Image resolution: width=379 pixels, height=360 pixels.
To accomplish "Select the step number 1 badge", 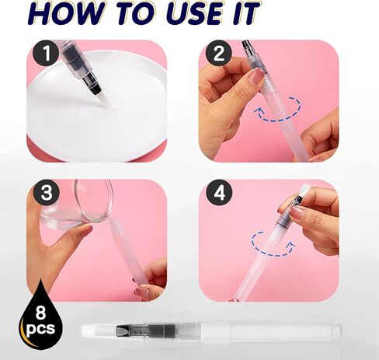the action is pyautogui.click(x=46, y=53).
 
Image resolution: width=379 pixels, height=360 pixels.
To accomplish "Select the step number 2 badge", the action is pyautogui.click(x=219, y=54).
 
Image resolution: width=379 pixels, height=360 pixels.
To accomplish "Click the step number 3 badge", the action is pyautogui.click(x=47, y=193).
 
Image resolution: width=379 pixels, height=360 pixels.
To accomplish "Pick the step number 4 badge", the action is pyautogui.click(x=219, y=193).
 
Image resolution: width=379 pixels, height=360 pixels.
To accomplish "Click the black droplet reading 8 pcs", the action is pyautogui.click(x=40, y=316).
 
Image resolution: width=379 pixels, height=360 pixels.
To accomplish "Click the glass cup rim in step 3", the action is pyautogui.click(x=95, y=201).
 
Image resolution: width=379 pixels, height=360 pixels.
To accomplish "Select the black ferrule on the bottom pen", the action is pyautogui.click(x=123, y=331).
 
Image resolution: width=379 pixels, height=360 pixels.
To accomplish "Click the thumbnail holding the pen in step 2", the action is pyautogui.click(x=257, y=75).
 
